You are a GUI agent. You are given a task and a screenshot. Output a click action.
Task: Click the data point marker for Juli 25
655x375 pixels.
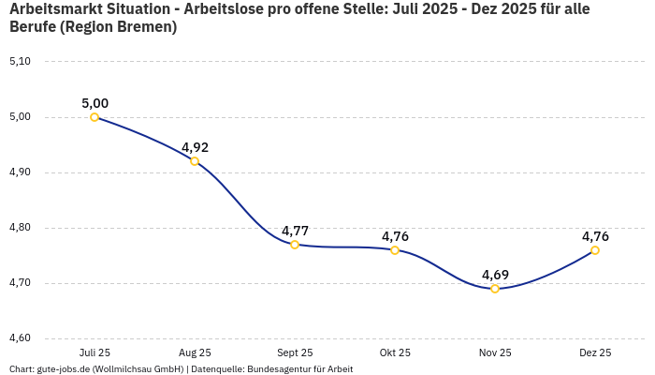95,117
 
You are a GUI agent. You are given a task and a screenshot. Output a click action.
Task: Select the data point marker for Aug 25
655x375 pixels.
195,161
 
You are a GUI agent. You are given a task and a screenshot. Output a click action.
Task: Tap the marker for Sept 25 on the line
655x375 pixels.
295,245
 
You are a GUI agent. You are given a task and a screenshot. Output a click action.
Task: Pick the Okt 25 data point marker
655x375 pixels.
395,250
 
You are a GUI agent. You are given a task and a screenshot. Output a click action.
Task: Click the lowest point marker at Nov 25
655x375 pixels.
495,289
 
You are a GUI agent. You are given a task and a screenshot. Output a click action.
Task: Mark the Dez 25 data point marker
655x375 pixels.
595,250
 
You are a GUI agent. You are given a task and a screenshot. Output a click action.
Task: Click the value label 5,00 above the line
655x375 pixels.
95,103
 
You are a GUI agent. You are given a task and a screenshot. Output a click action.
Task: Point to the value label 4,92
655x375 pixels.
195,147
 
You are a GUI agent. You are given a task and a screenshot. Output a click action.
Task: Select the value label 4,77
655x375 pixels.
295,231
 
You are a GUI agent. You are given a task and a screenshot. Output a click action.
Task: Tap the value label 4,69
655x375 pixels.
495,275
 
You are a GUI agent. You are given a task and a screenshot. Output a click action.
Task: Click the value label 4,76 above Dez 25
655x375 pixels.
595,236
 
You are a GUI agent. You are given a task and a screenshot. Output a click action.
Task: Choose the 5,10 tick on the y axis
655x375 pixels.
20,62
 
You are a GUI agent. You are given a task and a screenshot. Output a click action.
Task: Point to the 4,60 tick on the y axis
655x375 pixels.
20,338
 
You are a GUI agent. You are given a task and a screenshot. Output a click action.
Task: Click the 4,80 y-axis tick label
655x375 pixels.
20,228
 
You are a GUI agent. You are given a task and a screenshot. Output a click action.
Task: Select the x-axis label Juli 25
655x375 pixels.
95,352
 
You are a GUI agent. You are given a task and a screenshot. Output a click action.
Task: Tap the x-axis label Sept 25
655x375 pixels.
295,352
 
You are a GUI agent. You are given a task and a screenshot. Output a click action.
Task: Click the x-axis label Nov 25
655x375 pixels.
495,352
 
